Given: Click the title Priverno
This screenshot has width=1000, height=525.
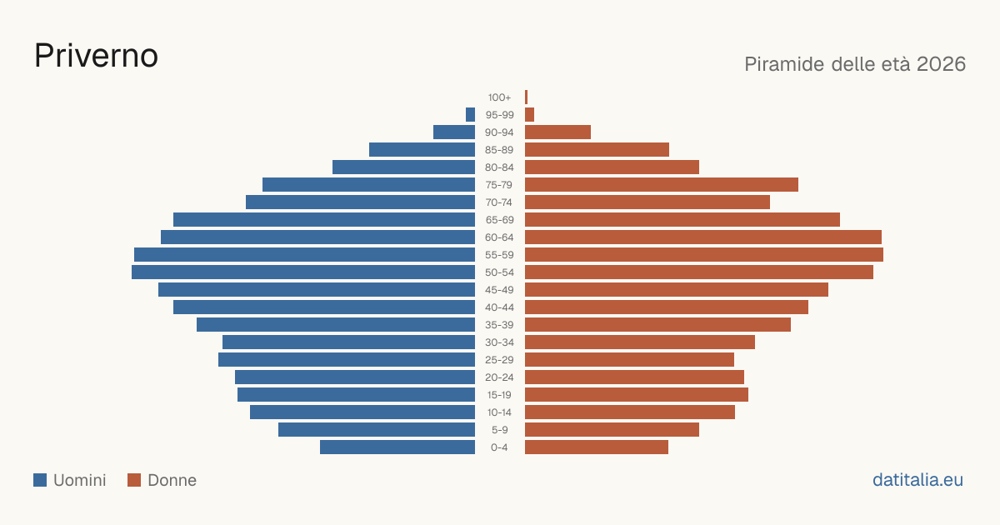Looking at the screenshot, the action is tap(96, 56).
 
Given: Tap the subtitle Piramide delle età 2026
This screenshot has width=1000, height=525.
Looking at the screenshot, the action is tap(855, 64).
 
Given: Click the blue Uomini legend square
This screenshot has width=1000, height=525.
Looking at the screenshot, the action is tap(40, 480).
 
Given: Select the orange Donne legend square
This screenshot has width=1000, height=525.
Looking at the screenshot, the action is tap(134, 480).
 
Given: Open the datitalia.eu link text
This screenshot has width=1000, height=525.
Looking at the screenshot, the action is tap(917, 480).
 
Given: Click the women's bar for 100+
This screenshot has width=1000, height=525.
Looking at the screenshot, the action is tap(527, 97).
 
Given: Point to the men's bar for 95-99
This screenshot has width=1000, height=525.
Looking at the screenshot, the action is tap(470, 114).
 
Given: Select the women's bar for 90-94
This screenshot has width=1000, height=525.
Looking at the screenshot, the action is tap(557, 132).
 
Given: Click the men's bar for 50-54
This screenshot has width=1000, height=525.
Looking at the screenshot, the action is tap(303, 272).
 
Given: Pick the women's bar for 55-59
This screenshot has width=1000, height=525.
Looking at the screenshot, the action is tap(704, 254).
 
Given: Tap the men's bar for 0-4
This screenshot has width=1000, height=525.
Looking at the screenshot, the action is tap(397, 447).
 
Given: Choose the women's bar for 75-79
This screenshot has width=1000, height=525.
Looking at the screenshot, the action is tap(662, 184).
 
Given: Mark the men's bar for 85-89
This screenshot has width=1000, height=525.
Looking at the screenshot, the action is tap(422, 149).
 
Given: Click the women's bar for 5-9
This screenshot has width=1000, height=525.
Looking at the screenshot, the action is tap(612, 429).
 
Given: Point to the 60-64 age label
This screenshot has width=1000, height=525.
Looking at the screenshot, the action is tap(499, 237).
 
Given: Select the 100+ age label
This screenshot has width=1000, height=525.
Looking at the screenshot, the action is tap(499, 97).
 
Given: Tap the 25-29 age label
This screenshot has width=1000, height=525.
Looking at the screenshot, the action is tap(499, 360).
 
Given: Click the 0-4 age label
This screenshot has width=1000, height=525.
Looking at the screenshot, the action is tap(499, 447).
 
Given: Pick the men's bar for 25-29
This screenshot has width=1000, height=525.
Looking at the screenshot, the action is tap(347, 359).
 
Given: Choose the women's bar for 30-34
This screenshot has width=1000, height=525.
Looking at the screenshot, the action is tap(640, 342).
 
